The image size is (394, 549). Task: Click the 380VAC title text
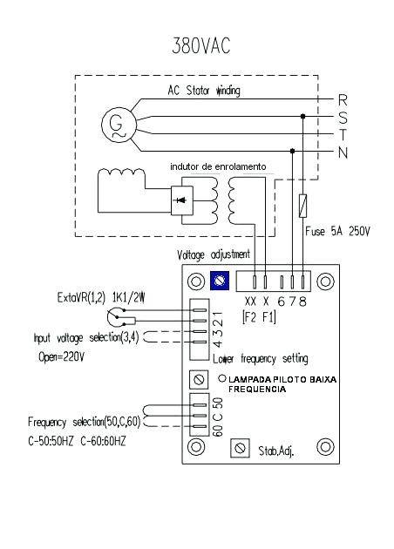(x=201, y=45)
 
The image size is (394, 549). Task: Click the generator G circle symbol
(x=119, y=125)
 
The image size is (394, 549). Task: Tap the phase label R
(x=343, y=100)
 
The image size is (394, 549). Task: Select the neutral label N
(x=343, y=152)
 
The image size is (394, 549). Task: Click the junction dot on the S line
(x=303, y=116)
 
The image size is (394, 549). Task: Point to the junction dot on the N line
(x=292, y=151)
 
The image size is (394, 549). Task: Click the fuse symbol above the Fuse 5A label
(x=303, y=206)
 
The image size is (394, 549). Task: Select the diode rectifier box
(x=182, y=200)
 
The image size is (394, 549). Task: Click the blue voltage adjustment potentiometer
(x=220, y=281)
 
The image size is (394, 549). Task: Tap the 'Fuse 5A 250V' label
(x=337, y=231)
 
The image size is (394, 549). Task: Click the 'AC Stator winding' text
(x=204, y=91)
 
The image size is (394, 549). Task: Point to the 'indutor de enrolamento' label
(x=218, y=166)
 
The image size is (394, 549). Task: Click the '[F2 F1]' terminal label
(x=259, y=317)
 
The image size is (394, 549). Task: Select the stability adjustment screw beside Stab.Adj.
(x=241, y=448)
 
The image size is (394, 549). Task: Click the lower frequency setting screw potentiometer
(x=199, y=380)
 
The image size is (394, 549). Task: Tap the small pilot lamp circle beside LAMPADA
(x=222, y=378)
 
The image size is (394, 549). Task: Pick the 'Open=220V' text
(x=61, y=357)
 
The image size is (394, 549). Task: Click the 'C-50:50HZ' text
(x=51, y=442)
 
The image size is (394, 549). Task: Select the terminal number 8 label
(x=302, y=302)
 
